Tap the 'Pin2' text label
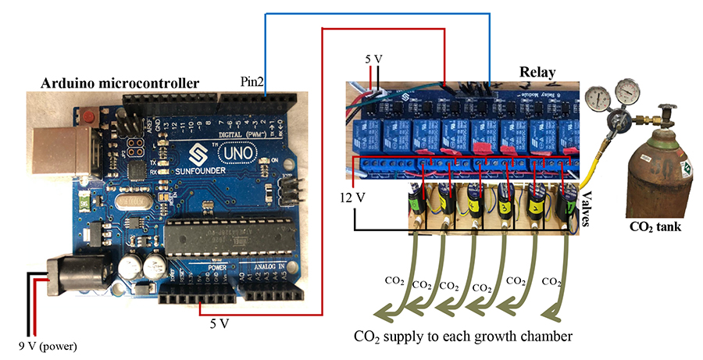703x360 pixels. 251,81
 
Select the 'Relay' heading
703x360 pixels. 537,73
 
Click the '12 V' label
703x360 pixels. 351,196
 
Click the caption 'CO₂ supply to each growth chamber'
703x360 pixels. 464,337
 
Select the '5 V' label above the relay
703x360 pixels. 374,59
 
